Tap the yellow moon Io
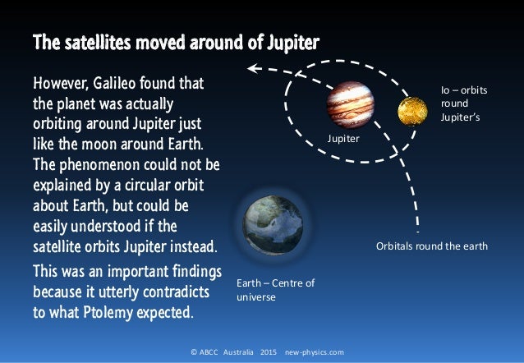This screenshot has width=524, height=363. tap(411, 111)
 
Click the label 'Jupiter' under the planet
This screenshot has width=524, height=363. tap(343, 141)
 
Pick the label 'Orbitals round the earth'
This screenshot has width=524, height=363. tap(431, 246)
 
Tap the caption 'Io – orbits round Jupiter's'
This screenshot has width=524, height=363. tap(463, 104)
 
